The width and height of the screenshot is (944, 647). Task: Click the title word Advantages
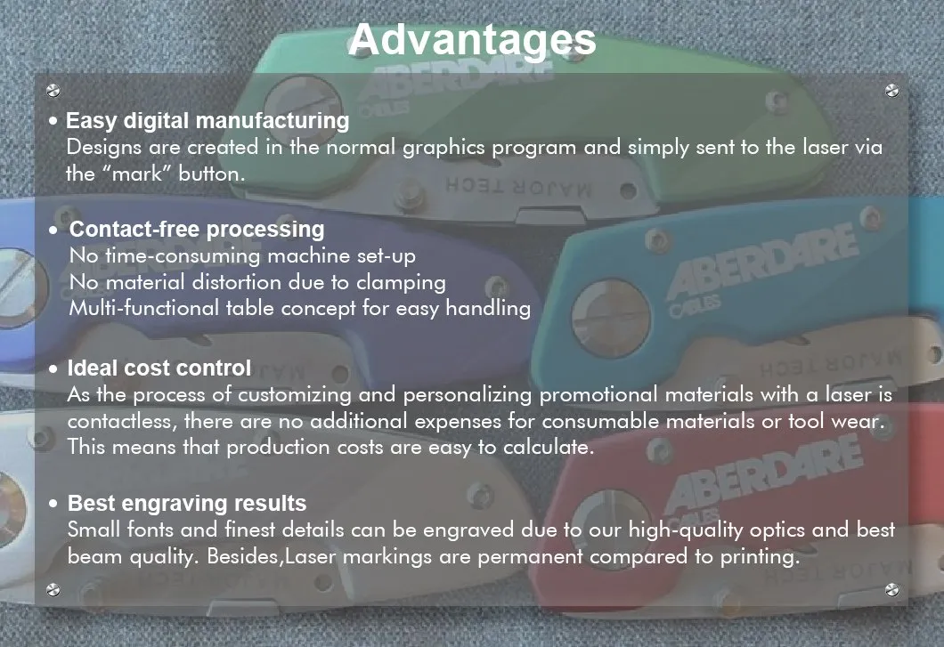[x=472, y=41]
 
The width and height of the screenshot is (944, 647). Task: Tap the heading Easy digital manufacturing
[x=208, y=121]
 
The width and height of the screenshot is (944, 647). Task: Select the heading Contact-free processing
[x=197, y=230]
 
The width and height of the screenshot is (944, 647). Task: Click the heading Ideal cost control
[x=159, y=368]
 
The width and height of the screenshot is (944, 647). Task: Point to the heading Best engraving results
[x=187, y=503]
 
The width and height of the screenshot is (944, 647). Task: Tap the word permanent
[x=530, y=557]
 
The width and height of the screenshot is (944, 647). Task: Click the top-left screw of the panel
[x=53, y=91]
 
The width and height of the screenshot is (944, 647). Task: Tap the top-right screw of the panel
[x=891, y=91]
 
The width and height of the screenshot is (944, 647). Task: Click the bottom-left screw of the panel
[x=53, y=589]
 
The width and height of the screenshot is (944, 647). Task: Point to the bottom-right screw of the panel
[x=891, y=589]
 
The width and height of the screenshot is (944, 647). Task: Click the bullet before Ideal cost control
[x=53, y=369]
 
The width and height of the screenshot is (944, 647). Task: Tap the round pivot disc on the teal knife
[x=610, y=318]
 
